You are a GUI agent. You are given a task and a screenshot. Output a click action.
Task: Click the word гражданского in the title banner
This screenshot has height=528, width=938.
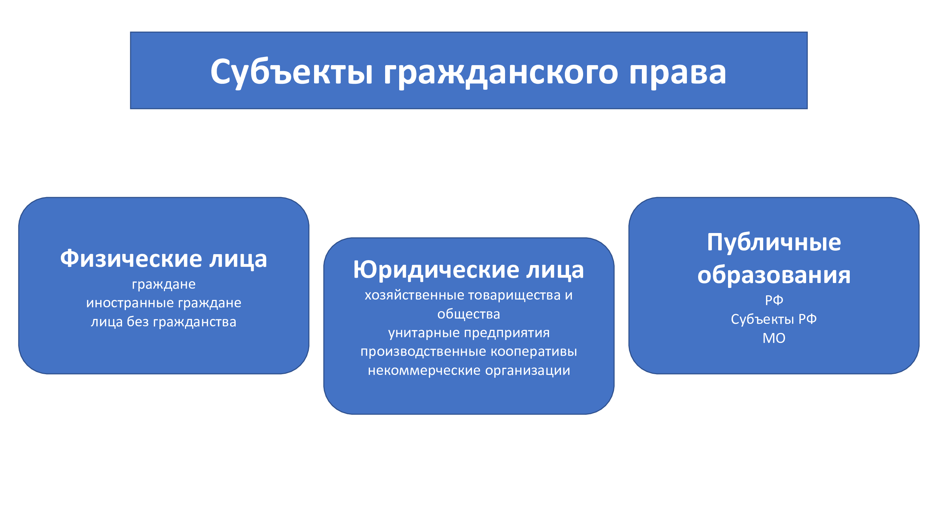[501, 73]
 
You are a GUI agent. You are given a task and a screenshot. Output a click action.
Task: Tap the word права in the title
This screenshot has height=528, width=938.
[678, 73]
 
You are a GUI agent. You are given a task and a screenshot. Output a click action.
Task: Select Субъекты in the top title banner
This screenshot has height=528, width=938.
[292, 72]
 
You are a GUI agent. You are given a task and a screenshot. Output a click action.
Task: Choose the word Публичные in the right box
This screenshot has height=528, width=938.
[774, 242]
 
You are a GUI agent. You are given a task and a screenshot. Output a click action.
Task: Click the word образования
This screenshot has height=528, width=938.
[774, 275]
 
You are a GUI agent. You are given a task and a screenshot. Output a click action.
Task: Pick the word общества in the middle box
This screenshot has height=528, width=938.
[468, 314]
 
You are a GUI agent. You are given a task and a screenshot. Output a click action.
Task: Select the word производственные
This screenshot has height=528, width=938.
[423, 352]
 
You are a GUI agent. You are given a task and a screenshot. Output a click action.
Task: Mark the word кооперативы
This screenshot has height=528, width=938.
[534, 352]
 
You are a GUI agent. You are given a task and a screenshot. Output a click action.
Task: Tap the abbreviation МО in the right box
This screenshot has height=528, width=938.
[774, 339]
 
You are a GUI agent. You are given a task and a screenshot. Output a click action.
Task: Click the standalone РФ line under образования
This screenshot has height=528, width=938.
[774, 300]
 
